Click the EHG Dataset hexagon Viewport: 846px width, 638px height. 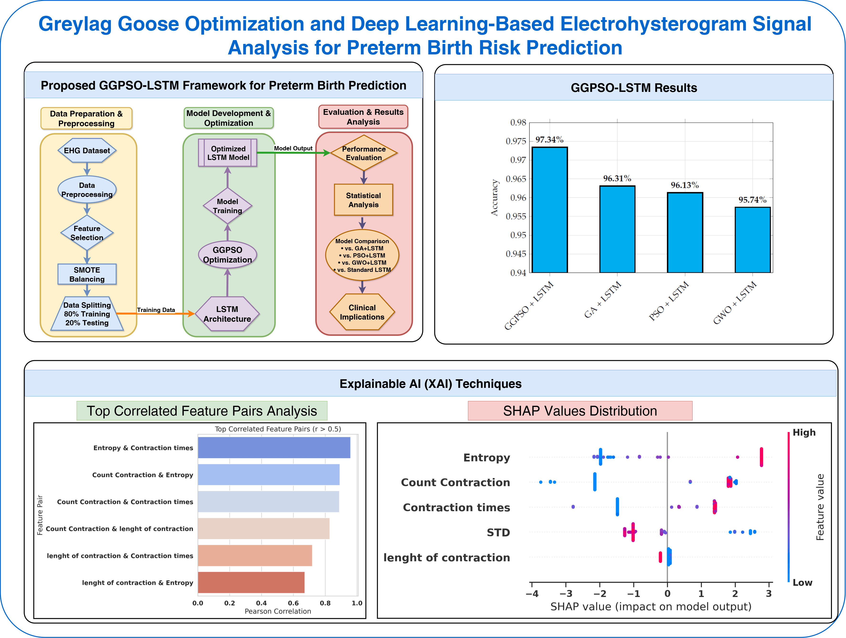[87, 151]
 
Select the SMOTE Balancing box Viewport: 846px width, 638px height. [87, 274]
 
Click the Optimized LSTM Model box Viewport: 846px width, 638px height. [228, 153]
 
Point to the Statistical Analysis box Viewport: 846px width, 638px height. [363, 200]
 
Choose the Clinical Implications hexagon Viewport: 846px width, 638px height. [362, 312]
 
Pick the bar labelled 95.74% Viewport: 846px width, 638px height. [752, 240]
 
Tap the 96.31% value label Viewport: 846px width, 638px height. [617, 178]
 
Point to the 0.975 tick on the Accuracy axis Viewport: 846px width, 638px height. [516, 141]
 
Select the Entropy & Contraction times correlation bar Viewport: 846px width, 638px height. [274, 448]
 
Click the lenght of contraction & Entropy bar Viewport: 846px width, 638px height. [251, 582]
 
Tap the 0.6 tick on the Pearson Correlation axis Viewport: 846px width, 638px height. [293, 603]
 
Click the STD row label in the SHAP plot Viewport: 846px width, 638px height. [498, 533]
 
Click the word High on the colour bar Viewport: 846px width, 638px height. [804, 432]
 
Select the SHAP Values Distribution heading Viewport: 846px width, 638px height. [580, 411]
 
